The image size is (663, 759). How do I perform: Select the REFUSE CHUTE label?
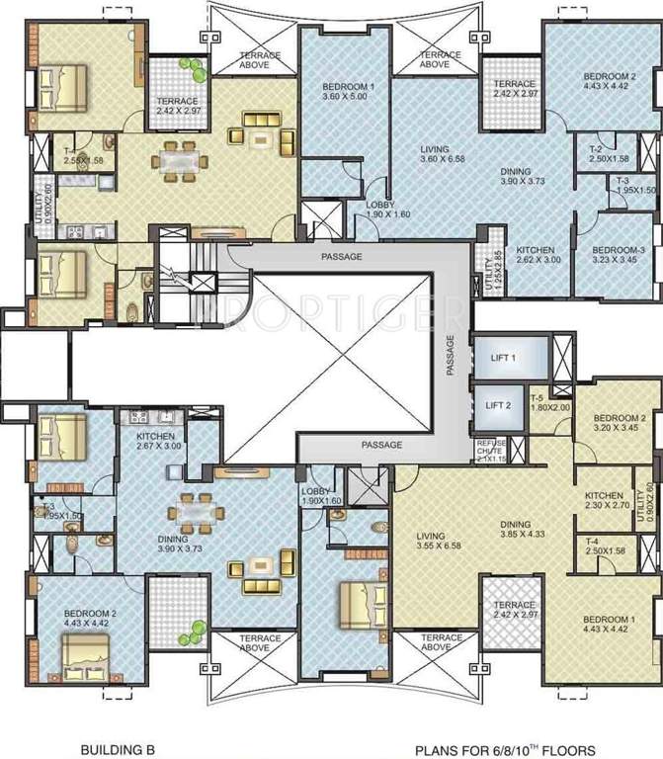click(x=491, y=451)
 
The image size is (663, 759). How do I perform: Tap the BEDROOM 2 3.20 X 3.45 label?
click(x=618, y=423)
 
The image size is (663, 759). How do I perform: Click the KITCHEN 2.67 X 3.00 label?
click(x=156, y=441)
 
